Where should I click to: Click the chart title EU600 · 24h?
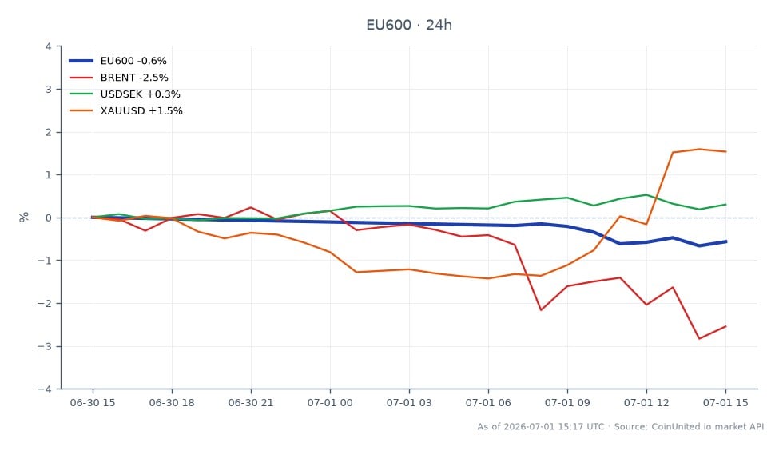point(409,25)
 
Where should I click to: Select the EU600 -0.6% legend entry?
point(118,61)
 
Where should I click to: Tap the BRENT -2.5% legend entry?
point(118,78)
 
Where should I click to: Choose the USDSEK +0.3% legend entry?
point(125,94)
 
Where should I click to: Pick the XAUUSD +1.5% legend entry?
point(125,111)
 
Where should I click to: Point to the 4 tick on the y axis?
point(49,46)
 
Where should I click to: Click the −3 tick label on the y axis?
point(45,346)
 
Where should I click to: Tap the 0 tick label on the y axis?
point(49,218)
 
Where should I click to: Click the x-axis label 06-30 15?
point(93,403)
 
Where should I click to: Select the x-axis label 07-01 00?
point(330,403)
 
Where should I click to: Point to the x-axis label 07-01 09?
point(567,403)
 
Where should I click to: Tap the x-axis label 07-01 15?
point(725,403)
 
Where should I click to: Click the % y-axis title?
point(23,217)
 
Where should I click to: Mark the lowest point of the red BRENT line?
point(699,339)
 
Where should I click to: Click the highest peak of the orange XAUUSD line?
point(699,149)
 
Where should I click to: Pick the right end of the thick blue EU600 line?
point(725,241)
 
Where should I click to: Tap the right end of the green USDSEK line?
point(725,205)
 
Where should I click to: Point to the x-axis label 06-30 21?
point(251,403)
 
